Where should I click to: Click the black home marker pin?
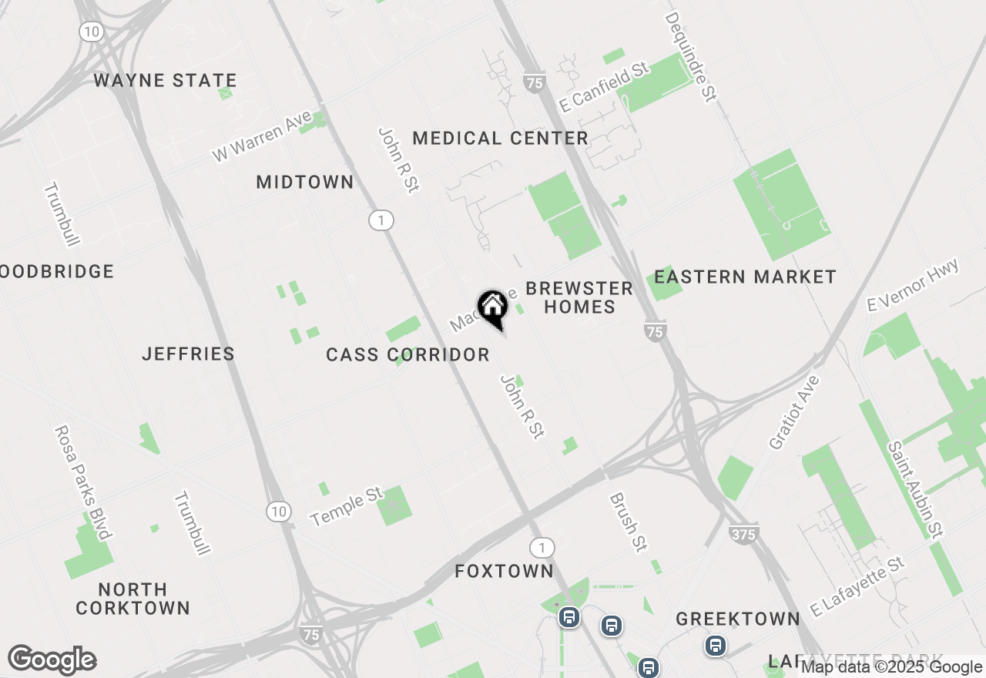pos(492,308)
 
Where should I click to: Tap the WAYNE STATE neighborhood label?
pos(165,80)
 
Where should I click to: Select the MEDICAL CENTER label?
pos(500,139)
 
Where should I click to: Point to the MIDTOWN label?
pos(305,183)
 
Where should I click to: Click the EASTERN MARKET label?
pos(745,277)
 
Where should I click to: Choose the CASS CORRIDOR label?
pos(407,354)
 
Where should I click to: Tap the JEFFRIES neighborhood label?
pos(188,354)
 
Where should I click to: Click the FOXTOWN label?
pos(504,571)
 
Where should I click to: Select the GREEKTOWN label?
pos(738,619)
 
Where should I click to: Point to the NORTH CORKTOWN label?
pos(132,599)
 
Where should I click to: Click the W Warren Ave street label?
pos(263,136)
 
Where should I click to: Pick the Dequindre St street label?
pos(691,56)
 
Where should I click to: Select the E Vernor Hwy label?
pos(913,285)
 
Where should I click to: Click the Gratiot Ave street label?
pos(794,413)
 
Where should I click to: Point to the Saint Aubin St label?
pos(914,489)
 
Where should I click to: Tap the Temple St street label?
pos(347,507)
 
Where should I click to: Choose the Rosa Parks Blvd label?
pos(84,482)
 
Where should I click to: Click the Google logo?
pos(52,660)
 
